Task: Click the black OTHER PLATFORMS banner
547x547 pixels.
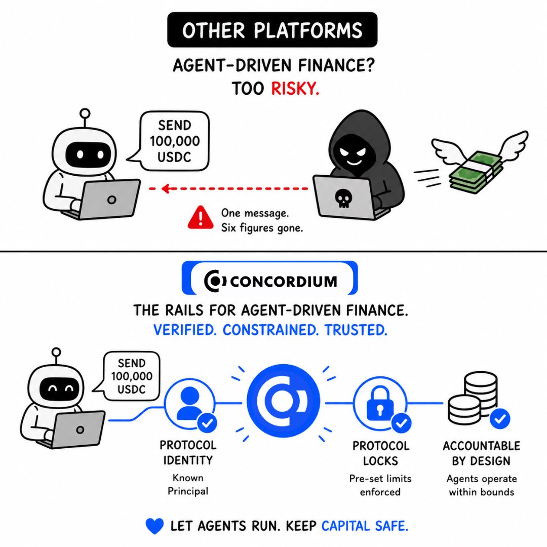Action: (272, 30)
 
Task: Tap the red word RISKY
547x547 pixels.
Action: (295, 88)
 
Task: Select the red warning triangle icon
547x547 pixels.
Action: (200, 218)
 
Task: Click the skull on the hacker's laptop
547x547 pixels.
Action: (343, 199)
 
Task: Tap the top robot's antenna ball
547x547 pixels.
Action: (85, 113)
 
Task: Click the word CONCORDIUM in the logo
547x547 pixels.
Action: (284, 281)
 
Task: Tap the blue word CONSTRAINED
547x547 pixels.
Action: (270, 330)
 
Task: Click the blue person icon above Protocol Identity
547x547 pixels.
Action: (188, 403)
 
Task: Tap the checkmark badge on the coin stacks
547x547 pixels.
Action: (499, 419)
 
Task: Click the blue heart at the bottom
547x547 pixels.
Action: (154, 526)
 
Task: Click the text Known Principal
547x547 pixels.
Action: (188, 484)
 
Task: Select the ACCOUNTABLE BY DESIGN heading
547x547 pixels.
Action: (482, 453)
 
